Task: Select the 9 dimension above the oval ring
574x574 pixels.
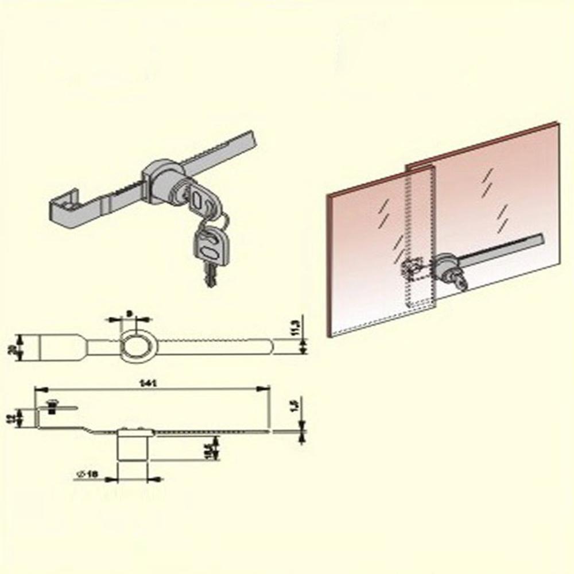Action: tap(130, 313)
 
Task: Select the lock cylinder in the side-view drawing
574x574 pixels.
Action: tap(131, 445)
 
